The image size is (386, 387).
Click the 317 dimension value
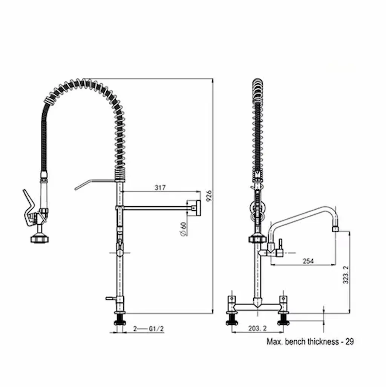(x=160, y=187)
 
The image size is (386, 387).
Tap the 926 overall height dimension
(x=209, y=195)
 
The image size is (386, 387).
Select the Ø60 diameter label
(x=183, y=229)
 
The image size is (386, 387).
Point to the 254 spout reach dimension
(x=308, y=261)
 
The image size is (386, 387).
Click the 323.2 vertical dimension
(x=346, y=275)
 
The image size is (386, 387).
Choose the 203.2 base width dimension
(x=257, y=328)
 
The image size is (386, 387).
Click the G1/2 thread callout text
(x=156, y=329)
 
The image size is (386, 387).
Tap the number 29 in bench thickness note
(x=349, y=342)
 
